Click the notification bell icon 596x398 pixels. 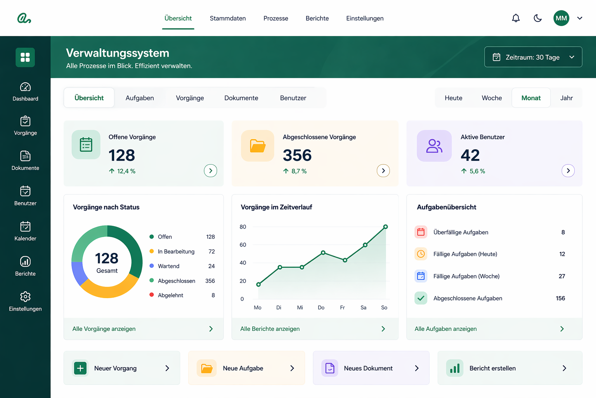[516, 18]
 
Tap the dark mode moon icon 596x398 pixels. [538, 18]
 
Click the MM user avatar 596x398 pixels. [561, 18]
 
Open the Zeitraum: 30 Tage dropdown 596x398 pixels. [533, 57]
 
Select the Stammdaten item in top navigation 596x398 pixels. [228, 18]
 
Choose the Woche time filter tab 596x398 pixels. [492, 98]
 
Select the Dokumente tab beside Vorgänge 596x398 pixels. [241, 98]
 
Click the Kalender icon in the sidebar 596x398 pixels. [25, 227]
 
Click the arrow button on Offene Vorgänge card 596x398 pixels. [210, 171]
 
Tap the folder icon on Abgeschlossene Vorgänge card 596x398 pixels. [258, 146]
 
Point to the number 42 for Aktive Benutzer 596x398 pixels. [470, 155]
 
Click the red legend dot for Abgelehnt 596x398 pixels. [152, 295]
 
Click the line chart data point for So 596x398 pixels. [386, 227]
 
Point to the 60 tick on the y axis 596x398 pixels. [243, 245]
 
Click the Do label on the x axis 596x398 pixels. [321, 307]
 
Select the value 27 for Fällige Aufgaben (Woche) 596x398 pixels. [562, 276]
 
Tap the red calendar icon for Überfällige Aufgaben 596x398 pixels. [421, 232]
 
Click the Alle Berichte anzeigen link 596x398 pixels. [270, 329]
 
